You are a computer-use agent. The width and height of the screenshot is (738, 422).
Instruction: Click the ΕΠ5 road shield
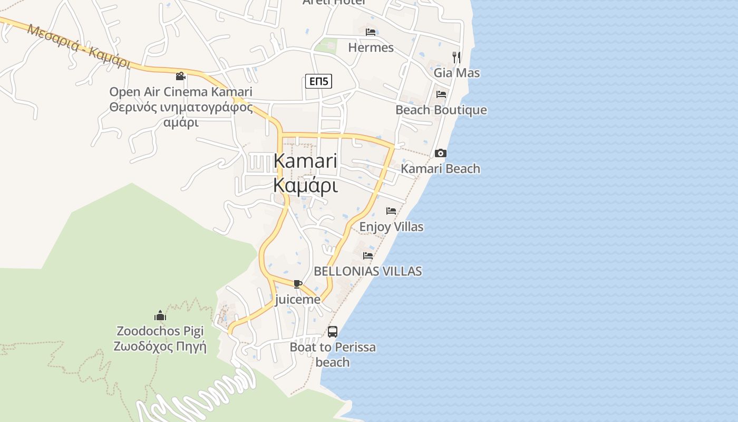[x=318, y=81]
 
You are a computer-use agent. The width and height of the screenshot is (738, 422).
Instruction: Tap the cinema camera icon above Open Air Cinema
[x=181, y=76]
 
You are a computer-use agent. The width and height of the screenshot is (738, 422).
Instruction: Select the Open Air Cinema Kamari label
[x=181, y=92]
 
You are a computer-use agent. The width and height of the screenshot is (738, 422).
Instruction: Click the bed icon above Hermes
[x=371, y=32]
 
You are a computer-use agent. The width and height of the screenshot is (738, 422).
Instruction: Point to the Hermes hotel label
[x=371, y=47]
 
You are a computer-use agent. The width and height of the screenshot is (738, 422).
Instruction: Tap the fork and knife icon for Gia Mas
[x=457, y=57]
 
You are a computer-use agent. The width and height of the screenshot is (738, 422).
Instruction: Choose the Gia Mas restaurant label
[x=457, y=73]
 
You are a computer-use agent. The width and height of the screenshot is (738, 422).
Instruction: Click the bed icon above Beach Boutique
[x=441, y=94]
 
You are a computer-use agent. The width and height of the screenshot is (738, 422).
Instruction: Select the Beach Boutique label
[x=441, y=110]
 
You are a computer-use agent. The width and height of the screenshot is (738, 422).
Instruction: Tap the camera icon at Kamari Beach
[x=440, y=154]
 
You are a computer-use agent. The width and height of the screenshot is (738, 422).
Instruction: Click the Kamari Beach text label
[x=441, y=169]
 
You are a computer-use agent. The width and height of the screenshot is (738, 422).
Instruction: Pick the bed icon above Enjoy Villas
[x=391, y=211]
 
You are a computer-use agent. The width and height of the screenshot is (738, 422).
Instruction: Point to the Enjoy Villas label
[x=391, y=227]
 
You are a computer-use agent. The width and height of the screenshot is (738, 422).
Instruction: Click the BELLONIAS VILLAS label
[x=368, y=271]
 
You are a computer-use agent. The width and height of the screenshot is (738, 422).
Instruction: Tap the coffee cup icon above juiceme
[x=297, y=284]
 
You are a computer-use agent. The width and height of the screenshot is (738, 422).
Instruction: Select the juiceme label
[x=297, y=300]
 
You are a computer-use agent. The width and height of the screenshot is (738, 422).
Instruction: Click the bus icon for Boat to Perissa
[x=333, y=332]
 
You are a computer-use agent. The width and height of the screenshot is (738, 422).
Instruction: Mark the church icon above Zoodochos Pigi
[x=160, y=316]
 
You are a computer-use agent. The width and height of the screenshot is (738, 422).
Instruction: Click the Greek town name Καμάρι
[x=306, y=186]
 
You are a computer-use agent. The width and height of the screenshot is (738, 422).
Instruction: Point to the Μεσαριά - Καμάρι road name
[x=79, y=46]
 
